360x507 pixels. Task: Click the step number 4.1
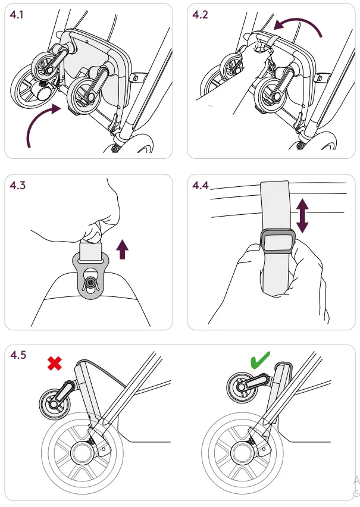click(x=18, y=14)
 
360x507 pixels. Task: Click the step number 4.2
click(x=201, y=14)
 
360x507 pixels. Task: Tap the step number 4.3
click(x=18, y=185)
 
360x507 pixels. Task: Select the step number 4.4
click(x=201, y=185)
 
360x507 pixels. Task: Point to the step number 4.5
click(x=18, y=355)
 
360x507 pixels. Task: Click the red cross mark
click(x=54, y=363)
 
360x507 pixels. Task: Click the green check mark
click(x=260, y=361)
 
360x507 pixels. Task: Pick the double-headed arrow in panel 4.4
click(x=303, y=215)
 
